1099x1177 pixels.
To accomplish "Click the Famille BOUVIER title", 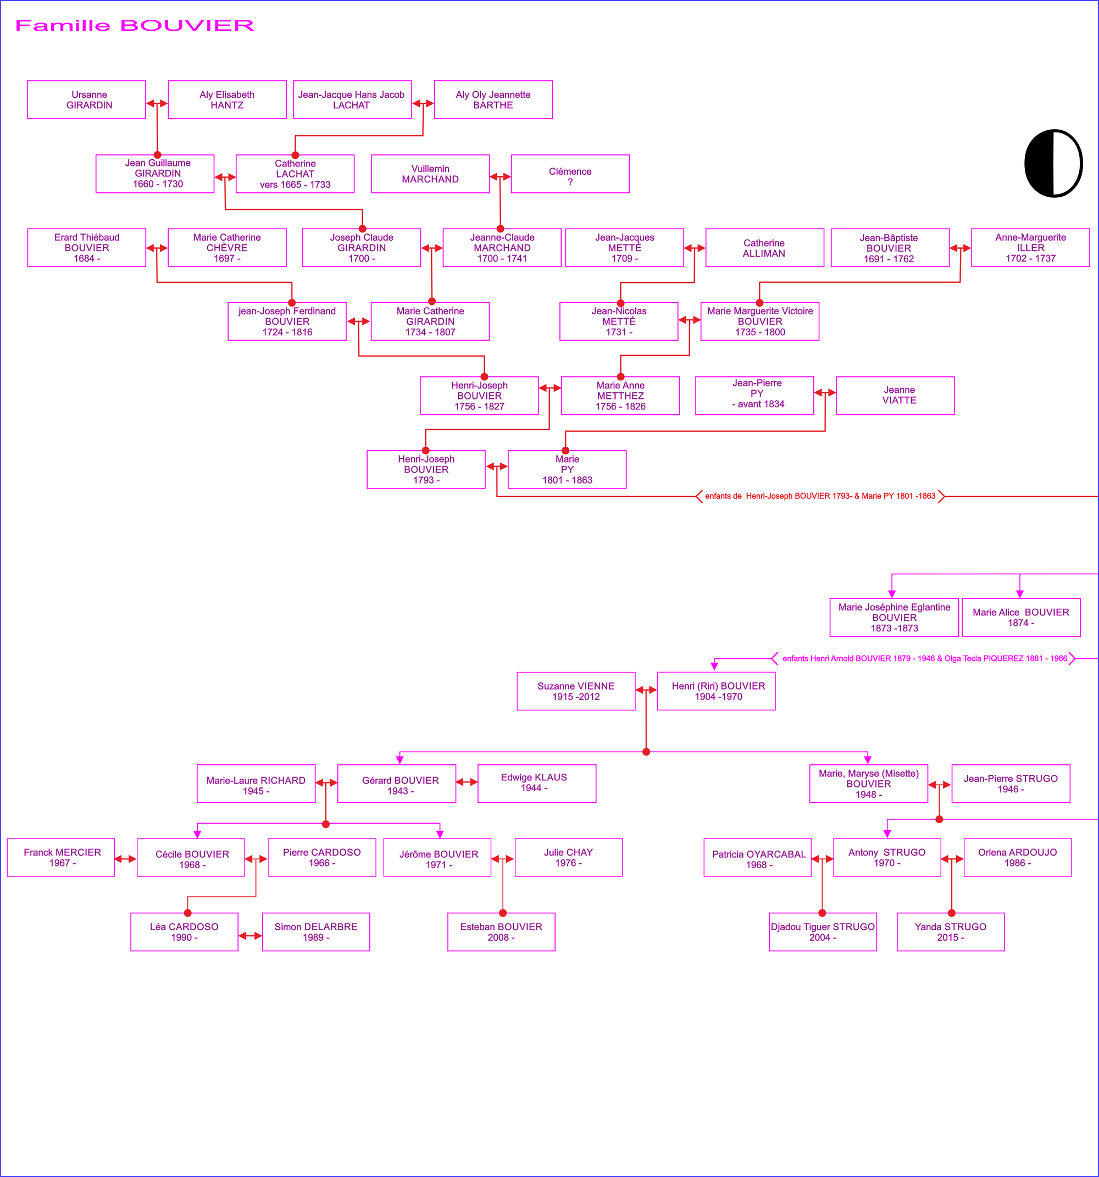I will [135, 25].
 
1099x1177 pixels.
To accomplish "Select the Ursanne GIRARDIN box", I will [86, 99].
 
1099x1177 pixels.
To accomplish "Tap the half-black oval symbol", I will [1053, 163].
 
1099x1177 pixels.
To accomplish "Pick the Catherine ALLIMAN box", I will [764, 248].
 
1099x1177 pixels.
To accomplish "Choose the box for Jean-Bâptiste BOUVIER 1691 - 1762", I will [890, 248].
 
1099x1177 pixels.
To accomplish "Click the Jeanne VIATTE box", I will [895, 396].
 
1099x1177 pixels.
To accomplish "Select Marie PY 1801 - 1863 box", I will [567, 469].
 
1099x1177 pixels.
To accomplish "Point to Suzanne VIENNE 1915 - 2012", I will [575, 691].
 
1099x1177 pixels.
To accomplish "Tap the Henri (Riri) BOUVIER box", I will [716, 691].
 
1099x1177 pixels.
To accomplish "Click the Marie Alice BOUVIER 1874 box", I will [1021, 618].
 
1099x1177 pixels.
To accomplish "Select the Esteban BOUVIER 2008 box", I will [501, 932].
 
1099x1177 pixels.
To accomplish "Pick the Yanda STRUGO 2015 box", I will [951, 932].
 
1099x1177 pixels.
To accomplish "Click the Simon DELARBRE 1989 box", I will [315, 932].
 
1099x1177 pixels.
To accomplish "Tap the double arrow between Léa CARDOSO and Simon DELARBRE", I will [250, 936].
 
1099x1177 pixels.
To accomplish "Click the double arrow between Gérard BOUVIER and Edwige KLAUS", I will [467, 782].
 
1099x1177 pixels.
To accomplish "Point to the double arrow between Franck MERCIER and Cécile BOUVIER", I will [125, 858].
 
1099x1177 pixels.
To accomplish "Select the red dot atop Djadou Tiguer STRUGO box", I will [822, 913].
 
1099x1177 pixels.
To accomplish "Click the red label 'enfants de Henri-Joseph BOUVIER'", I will [820, 496].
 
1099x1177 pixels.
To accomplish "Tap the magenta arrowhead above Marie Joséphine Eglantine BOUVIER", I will [892, 594].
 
